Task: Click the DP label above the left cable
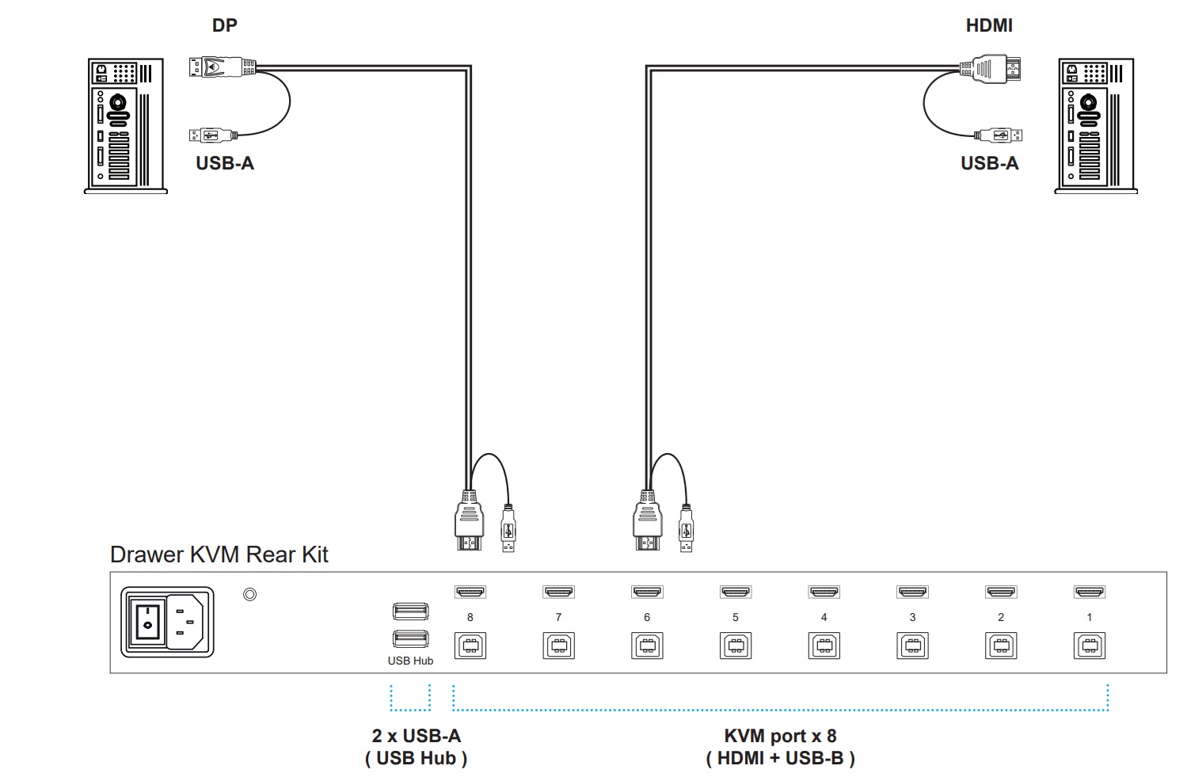[224, 25]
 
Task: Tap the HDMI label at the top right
[989, 25]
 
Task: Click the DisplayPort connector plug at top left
[223, 67]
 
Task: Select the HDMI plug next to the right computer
[990, 69]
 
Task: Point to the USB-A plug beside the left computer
[214, 135]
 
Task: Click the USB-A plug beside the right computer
[998, 135]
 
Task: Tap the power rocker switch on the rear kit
[148, 622]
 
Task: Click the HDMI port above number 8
[470, 592]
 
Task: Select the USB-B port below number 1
[1089, 646]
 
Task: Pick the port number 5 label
[735, 617]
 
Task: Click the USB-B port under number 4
[824, 646]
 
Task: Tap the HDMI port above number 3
[912, 592]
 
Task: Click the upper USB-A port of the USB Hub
[411, 611]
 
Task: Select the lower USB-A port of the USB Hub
[411, 638]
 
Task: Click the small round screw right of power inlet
[249, 594]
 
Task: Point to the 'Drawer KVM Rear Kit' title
[219, 554]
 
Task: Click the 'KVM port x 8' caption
[780, 735]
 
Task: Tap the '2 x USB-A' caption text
[417, 735]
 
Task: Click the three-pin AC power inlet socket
[185, 622]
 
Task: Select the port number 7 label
[558, 617]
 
